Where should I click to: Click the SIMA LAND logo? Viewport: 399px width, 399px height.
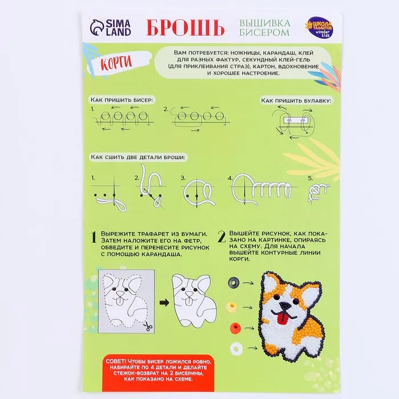(111, 27)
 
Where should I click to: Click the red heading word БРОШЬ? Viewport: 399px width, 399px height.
(185, 27)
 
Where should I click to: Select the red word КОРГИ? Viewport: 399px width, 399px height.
(116, 63)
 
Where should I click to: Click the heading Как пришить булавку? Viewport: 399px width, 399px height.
(296, 101)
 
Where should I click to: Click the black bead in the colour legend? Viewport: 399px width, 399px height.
(234, 283)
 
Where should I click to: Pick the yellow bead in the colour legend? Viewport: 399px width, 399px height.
(231, 307)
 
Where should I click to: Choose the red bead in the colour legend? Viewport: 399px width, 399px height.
(235, 328)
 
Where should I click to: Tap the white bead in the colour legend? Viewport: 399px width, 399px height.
(236, 349)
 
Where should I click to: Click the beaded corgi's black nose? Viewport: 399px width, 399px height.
(284, 306)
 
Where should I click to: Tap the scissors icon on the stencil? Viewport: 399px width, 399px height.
(148, 326)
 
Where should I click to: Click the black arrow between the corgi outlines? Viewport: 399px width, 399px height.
(164, 303)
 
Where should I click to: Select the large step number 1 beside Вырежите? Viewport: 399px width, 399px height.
(94, 237)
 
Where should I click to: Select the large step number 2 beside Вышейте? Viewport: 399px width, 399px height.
(222, 237)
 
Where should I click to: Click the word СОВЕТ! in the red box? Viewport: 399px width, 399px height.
(116, 361)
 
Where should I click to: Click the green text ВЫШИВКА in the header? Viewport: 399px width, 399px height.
(264, 23)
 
